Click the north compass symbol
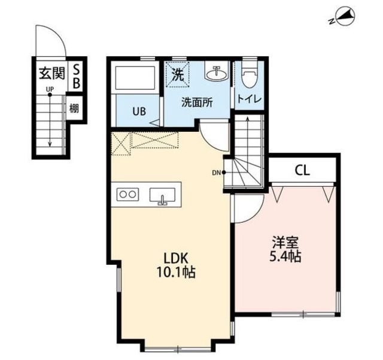[x=343, y=17]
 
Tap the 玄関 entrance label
[x=52, y=73]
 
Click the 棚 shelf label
[x=74, y=108]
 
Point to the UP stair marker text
[x=50, y=89]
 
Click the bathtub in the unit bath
[x=135, y=78]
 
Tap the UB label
[x=139, y=111]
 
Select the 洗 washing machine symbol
[x=178, y=75]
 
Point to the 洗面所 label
[x=197, y=102]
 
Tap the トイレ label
[x=250, y=99]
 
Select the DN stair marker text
[x=216, y=173]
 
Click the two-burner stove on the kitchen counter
[x=127, y=195]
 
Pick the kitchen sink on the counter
[x=162, y=196]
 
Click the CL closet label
[x=302, y=170]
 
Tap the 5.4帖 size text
[x=285, y=256]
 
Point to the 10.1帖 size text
[x=175, y=272]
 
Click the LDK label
[x=175, y=258]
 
